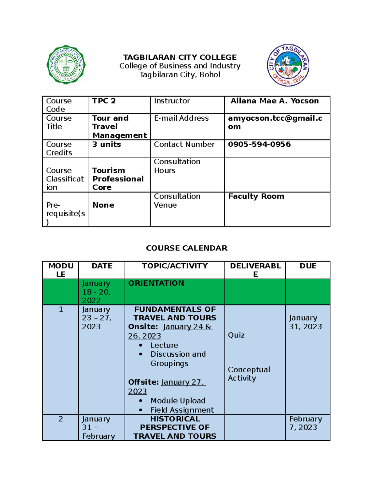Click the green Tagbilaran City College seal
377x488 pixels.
pyautogui.click(x=66, y=65)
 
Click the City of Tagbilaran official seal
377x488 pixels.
pyautogui.click(x=288, y=65)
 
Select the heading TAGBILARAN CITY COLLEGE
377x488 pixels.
pyautogui.click(x=180, y=57)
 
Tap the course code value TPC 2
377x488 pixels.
pyautogui.click(x=104, y=101)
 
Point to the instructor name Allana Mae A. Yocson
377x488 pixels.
pyautogui.click(x=274, y=101)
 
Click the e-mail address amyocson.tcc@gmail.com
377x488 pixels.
pyautogui.click(x=275, y=122)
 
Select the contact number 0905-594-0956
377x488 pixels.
pyautogui.click(x=259, y=144)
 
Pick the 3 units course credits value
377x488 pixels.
pyautogui.click(x=107, y=144)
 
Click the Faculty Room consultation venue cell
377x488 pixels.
pyautogui.click(x=256, y=196)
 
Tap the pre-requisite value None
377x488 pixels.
pyautogui.click(x=103, y=205)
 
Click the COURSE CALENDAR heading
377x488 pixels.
pyautogui.click(x=187, y=248)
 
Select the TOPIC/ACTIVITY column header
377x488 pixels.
pyautogui.click(x=175, y=266)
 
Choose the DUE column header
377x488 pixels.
pyautogui.click(x=308, y=266)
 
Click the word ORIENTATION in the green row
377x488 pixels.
pyautogui.click(x=156, y=283)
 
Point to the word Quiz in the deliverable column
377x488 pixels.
pyautogui.click(x=236, y=335)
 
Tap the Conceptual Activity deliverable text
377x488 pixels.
pyautogui.click(x=249, y=374)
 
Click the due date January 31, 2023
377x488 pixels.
pyautogui.click(x=305, y=322)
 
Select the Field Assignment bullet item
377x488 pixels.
pyautogui.click(x=182, y=410)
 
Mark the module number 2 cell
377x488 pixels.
pyautogui.click(x=61, y=419)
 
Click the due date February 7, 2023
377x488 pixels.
pyautogui.click(x=305, y=423)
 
